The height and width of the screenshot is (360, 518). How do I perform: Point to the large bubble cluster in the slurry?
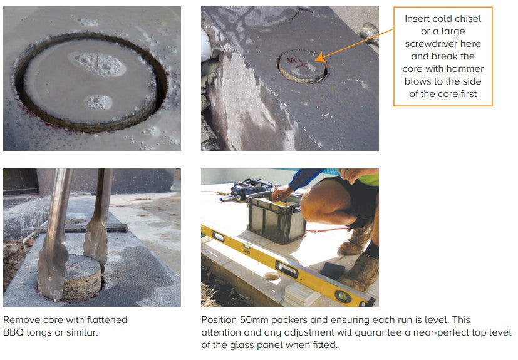coord(97,64)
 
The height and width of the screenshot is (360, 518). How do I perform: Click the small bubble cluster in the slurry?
coord(98,102)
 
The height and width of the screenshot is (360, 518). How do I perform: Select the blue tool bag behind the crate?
coord(251,190)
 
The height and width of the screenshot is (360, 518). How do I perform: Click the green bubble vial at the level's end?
coord(343,296)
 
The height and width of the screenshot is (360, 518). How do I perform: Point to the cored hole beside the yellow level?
coord(271,277)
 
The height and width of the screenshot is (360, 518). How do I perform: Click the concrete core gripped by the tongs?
coord(83,276)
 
